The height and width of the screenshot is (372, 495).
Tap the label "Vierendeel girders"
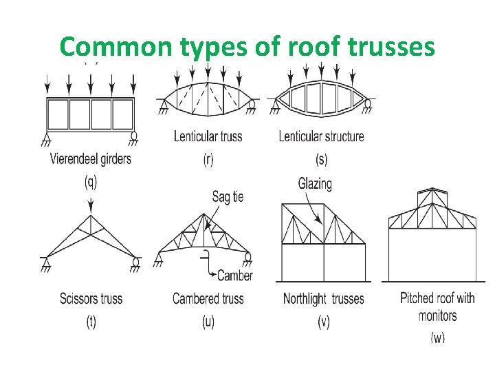click(91, 159)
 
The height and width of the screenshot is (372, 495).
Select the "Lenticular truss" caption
click(208, 136)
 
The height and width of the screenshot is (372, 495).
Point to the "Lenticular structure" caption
click(321, 136)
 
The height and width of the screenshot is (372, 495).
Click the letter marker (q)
click(91, 182)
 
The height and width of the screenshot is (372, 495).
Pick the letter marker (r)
click(208, 159)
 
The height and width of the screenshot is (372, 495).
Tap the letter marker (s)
click(321, 159)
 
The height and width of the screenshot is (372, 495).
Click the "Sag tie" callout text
click(228, 196)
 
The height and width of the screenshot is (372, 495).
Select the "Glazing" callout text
click(315, 184)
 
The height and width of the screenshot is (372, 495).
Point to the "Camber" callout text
click(235, 276)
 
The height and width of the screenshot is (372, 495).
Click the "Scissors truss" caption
click(91, 298)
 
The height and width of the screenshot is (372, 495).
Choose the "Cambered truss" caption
click(208, 298)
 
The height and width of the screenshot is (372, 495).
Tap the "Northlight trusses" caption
click(323, 298)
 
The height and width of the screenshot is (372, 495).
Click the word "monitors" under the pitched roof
click(437, 316)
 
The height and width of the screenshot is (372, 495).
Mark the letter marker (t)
click(91, 322)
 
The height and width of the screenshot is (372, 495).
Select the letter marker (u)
click(208, 322)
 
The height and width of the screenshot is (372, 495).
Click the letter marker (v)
click(323, 322)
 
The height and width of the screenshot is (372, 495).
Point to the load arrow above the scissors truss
click(91, 204)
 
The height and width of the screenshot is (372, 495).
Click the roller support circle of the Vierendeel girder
click(134, 135)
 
